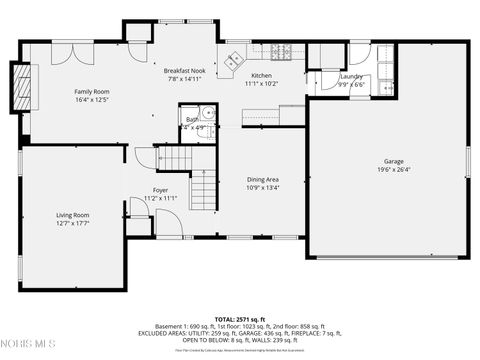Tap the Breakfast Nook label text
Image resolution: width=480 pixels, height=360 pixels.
point(184,72)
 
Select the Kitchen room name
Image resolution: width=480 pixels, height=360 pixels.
point(261,76)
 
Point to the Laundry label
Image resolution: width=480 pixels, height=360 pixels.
point(351,76)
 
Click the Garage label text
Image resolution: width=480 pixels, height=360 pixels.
point(394,161)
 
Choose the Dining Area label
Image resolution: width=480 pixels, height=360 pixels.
point(263,179)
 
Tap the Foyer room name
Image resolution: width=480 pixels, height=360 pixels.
point(160,190)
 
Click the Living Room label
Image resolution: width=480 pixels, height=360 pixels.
point(72,215)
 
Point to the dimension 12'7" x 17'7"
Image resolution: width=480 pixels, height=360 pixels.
point(72,223)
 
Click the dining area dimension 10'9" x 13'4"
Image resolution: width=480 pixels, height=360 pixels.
point(263,187)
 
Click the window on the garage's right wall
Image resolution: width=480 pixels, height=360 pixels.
point(467,163)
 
